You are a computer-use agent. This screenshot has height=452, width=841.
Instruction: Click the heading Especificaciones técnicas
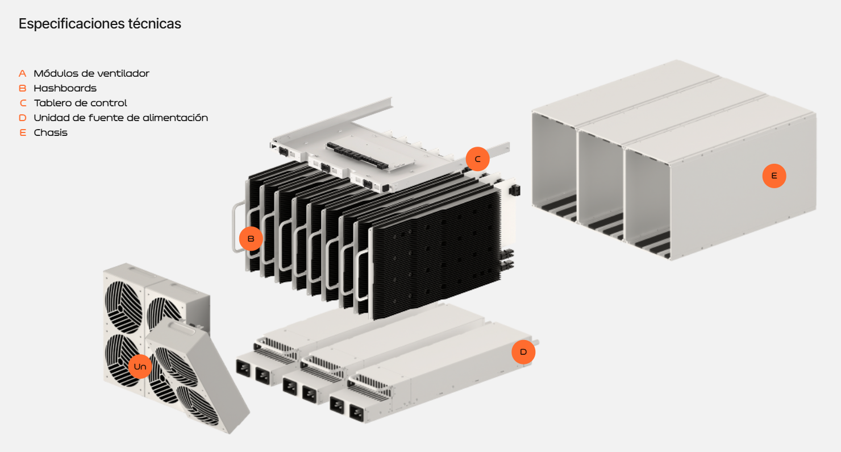[x=100, y=24]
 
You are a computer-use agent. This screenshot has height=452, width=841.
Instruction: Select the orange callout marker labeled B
[x=251, y=239]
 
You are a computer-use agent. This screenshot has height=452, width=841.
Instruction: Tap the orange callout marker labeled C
[x=477, y=159]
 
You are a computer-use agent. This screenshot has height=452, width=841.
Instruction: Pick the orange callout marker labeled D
[x=523, y=352]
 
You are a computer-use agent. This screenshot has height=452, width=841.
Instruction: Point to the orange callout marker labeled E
[x=774, y=176]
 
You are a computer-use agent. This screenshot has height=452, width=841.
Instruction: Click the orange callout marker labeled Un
[x=140, y=367]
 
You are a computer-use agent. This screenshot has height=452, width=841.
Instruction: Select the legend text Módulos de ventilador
[x=91, y=73]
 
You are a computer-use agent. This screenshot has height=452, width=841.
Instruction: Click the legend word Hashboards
[x=65, y=88]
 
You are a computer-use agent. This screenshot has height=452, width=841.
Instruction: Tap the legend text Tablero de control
[x=80, y=103]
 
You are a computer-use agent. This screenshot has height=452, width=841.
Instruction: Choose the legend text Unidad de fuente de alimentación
[x=120, y=118]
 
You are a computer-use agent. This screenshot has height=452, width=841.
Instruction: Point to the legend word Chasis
[x=51, y=132]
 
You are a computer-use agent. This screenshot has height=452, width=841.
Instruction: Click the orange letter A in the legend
[x=23, y=73]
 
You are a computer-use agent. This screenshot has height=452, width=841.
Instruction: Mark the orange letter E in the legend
[x=23, y=132]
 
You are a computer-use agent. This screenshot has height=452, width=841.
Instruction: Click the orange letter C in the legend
[x=23, y=103]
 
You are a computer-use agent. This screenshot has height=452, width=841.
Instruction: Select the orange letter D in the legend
[x=23, y=118]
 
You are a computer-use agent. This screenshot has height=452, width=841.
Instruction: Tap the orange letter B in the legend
[x=23, y=88]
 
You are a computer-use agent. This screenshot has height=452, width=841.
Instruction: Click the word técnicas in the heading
[x=156, y=24]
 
